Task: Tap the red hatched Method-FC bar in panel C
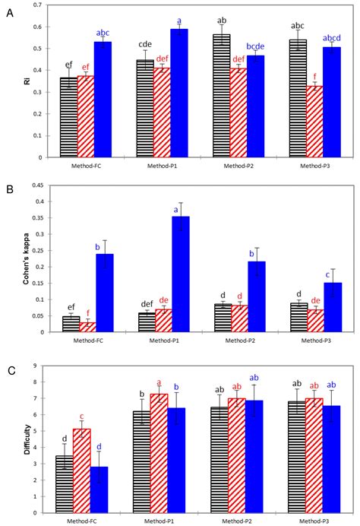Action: [x=81, y=471]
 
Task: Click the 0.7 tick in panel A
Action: [x=39, y=5]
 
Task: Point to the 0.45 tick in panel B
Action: [x=37, y=185]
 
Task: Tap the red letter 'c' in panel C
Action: [x=82, y=416]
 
